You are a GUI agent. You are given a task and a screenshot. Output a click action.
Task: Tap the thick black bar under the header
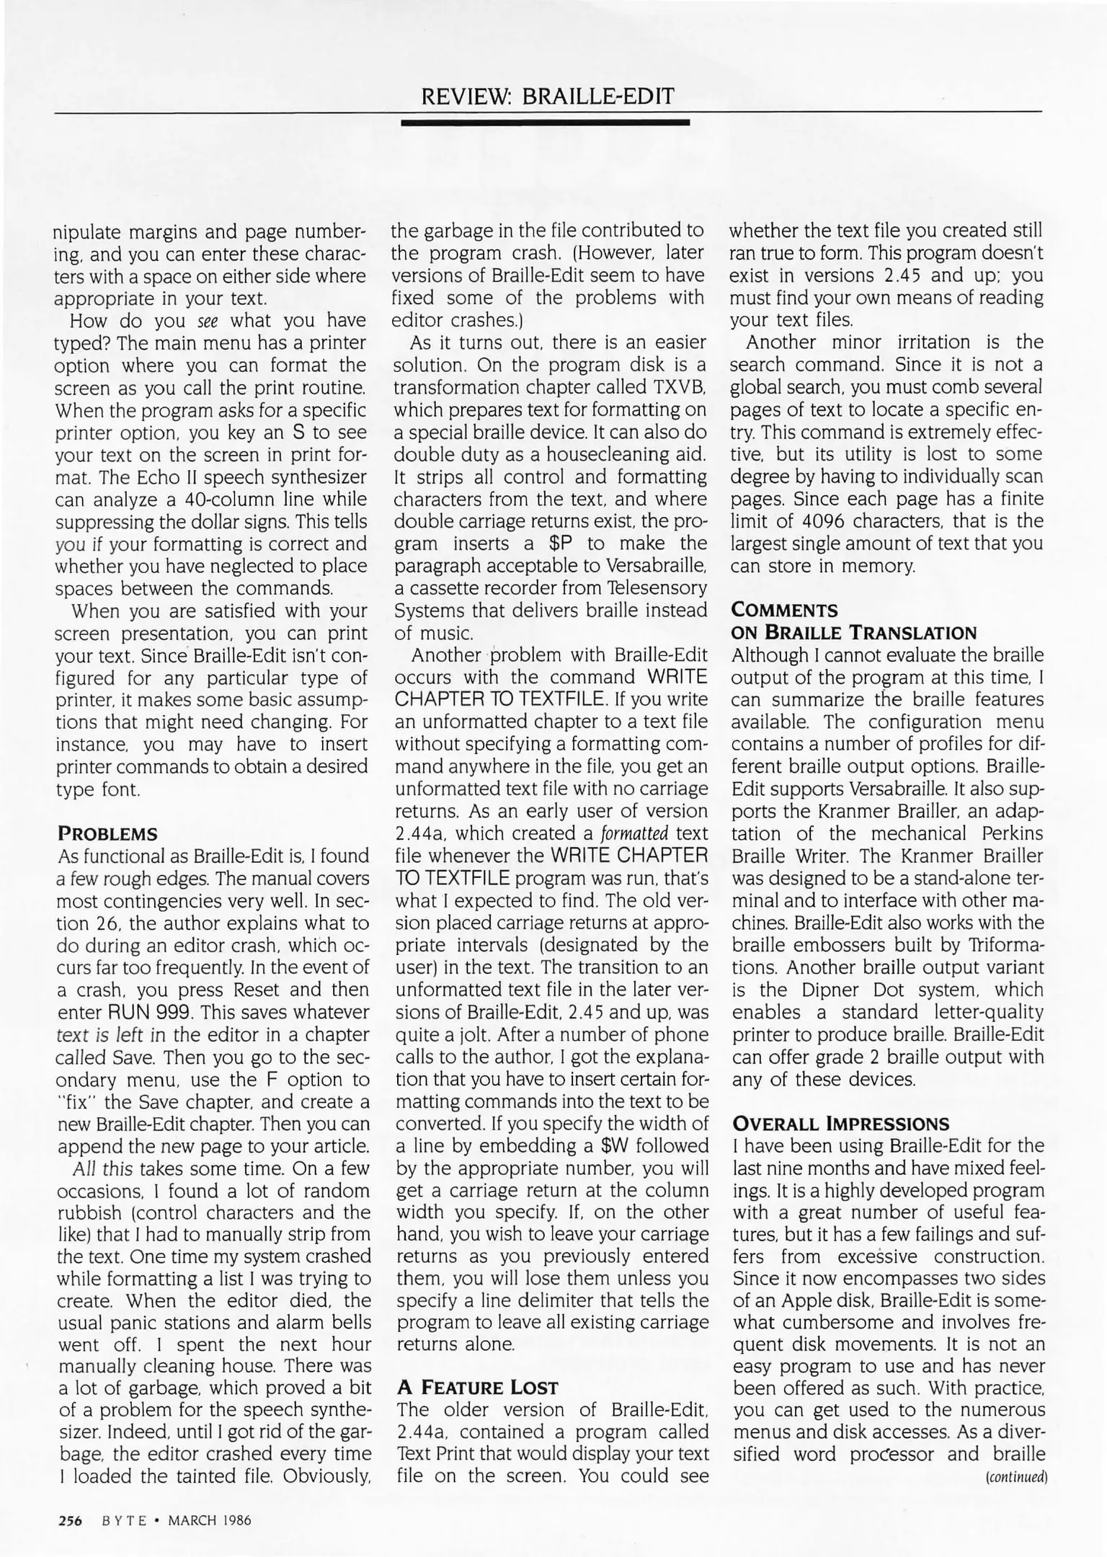click(x=546, y=123)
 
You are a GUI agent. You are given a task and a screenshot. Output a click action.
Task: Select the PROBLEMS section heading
click(x=107, y=835)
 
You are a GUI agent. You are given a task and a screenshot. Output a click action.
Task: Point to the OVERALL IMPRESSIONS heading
click(x=840, y=1124)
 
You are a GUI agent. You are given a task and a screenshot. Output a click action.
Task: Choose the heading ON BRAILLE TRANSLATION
click(x=853, y=634)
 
